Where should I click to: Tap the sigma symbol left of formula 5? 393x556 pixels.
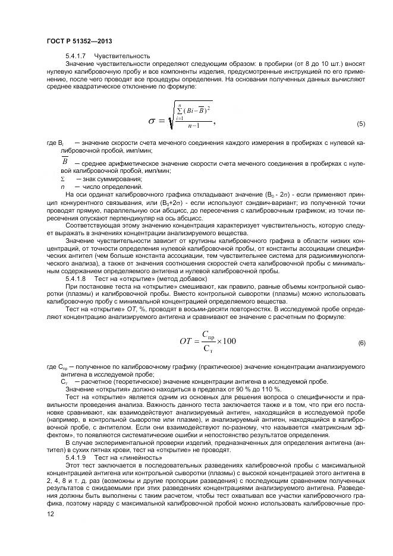(x=152, y=121)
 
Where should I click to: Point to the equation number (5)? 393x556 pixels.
(x=360, y=124)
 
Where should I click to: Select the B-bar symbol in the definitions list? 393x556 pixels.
(x=65, y=162)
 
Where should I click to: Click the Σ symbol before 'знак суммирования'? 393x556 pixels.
(x=62, y=179)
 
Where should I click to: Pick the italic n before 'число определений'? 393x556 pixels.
(x=62, y=187)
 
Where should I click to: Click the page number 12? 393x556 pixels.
(x=51, y=517)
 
